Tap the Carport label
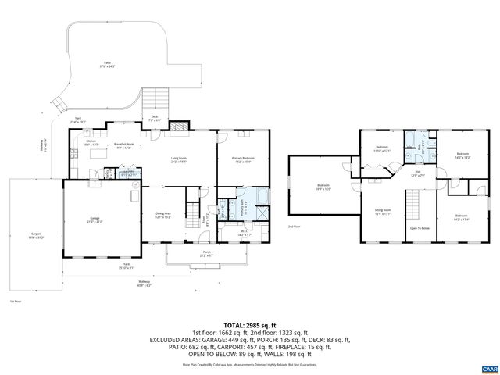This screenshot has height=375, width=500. coord(35,235)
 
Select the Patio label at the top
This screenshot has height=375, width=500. coord(107,65)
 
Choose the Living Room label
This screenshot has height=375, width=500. coord(179,160)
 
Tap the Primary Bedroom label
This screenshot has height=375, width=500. coord(243,160)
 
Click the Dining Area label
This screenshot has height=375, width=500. coord(163,215)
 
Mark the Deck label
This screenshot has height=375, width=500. coord(155,119)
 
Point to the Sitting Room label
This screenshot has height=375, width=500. coord(382,211)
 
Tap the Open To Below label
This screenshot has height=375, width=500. coord(419,228)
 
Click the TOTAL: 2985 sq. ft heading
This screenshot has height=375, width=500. coord(250,324)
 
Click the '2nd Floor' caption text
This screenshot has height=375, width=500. coord(295,226)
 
